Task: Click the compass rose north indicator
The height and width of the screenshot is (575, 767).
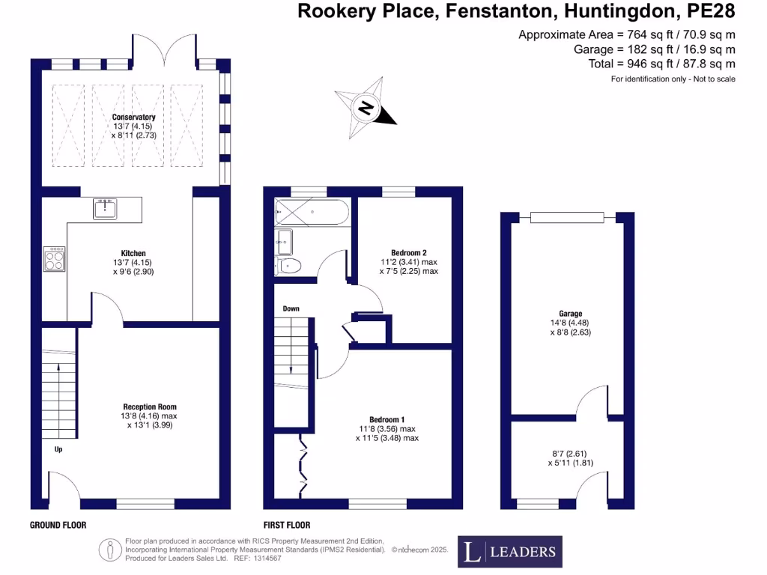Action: coord(366,108)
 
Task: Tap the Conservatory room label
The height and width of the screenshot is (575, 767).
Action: coord(134,118)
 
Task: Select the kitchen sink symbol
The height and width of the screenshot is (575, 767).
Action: coord(105,208)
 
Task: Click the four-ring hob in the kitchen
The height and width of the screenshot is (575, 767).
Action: coord(54,259)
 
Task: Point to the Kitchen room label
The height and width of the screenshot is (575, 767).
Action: coord(133,253)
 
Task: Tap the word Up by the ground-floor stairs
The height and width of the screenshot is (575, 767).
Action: coord(58,450)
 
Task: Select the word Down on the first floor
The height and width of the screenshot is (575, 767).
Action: coord(291,308)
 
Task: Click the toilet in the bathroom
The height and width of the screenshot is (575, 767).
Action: coord(289,265)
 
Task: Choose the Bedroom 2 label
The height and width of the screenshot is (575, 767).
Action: coord(409,252)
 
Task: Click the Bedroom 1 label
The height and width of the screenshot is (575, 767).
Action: coord(387,419)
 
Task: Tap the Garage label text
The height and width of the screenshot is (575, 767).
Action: coord(570,314)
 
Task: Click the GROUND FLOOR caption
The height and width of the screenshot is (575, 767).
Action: coord(56,525)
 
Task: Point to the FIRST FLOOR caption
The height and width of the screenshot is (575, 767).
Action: coord(287,525)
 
